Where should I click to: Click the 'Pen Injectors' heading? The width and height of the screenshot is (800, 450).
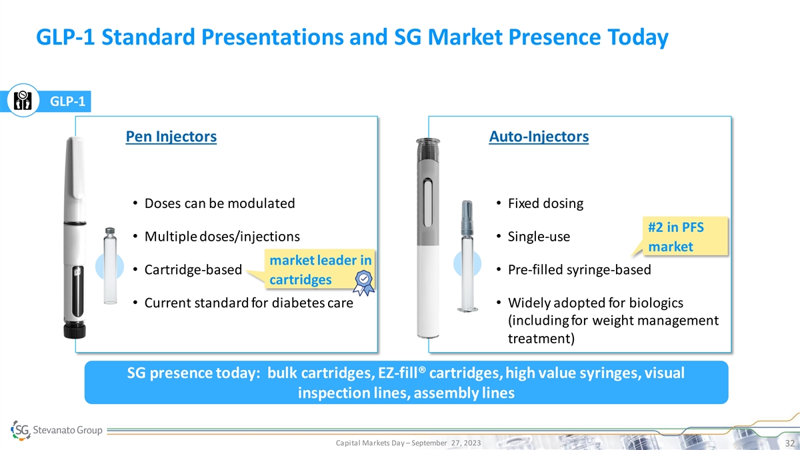click(171, 137)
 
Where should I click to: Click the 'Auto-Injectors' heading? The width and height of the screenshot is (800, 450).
click(539, 137)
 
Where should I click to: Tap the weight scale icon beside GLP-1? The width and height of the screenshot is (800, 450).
click(23, 101)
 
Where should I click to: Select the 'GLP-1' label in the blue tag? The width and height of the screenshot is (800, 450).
click(67, 101)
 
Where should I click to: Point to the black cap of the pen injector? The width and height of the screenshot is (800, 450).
click(75, 330)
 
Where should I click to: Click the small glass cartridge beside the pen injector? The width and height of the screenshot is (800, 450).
click(110, 266)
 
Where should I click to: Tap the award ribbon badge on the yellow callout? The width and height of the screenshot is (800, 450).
click(363, 283)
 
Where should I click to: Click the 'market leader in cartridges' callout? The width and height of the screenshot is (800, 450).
click(320, 269)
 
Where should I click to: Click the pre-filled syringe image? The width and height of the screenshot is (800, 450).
click(467, 256)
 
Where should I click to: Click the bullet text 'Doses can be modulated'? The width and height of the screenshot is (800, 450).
click(219, 203)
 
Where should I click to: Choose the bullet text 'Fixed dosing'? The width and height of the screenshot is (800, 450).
click(546, 203)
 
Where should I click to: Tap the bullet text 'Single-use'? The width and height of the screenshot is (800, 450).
click(539, 237)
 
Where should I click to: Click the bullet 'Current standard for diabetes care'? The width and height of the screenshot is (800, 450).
click(249, 303)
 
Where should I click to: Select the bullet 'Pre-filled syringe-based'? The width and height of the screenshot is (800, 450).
click(579, 269)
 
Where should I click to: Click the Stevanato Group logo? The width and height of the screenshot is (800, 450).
click(57, 430)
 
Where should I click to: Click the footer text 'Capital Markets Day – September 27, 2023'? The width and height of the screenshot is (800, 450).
click(408, 443)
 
